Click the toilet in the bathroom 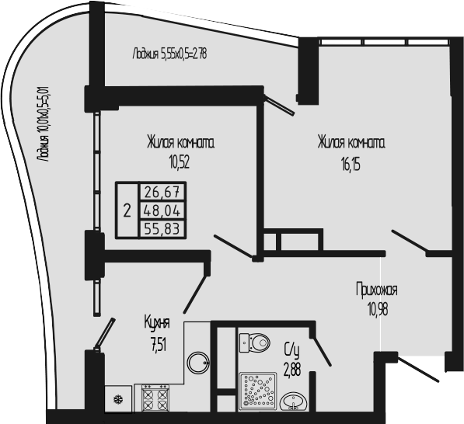coord(254,342)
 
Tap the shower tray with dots coord(258,391)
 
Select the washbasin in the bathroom coord(294,401)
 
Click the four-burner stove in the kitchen coord(154,398)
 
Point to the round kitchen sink coord(198,363)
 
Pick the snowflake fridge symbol coord(118,400)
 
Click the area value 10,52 coord(179,162)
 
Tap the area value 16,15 coord(351,165)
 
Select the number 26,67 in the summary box coord(162,193)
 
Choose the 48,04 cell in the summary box coord(162,210)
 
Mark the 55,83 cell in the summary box coord(162,228)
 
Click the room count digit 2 coord(127,210)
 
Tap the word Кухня coord(157,323)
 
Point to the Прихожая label coord(377,290)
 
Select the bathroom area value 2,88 coord(292,370)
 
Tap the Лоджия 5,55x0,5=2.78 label coord(170,54)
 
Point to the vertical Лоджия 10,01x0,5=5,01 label coord(43,124)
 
